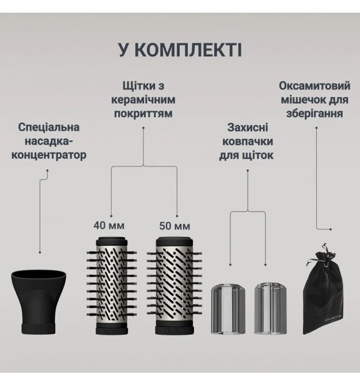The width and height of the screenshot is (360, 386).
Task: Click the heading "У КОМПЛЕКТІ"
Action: click(180, 50)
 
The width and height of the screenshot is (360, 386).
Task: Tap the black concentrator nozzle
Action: click(39, 302)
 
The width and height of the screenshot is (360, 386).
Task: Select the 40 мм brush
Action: click(112, 286)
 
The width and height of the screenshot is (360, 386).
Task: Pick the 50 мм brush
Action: click(175, 286)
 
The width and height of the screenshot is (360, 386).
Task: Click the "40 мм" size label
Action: click(109, 225)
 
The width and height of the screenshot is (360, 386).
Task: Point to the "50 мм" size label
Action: click(175, 226)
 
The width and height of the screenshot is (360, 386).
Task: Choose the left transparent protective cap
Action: click(228, 308)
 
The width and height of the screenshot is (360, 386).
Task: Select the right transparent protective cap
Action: click(271, 308)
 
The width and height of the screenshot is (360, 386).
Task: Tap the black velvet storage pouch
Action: click(323, 290)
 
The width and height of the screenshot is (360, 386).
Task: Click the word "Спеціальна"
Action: click(49, 127)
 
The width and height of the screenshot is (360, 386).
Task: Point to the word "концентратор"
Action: click(49, 156)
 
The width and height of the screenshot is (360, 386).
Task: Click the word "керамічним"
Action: click(143, 100)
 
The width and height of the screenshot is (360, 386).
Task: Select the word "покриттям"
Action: click(143, 113)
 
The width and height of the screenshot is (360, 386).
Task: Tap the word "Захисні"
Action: click(248, 127)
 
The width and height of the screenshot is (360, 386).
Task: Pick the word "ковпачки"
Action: click(248, 142)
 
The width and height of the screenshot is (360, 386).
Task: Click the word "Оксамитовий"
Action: click(314, 86)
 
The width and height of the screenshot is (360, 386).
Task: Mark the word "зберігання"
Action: click(314, 113)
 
